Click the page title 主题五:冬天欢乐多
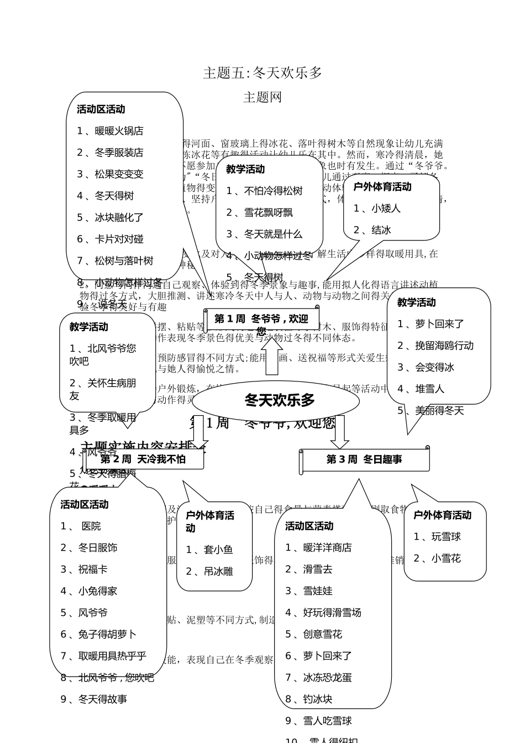click(262, 73)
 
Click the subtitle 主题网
click(262, 97)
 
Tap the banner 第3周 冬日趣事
click(364, 459)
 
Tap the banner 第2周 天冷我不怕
click(143, 459)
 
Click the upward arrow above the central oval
click(272, 357)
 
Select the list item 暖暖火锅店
click(118, 131)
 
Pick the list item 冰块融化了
click(119, 217)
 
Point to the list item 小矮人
click(385, 208)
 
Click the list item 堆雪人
click(429, 389)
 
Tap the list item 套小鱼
click(218, 550)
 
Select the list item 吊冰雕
click(218, 572)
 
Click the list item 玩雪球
click(445, 537)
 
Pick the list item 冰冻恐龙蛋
click(327, 677)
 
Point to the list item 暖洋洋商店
click(327, 547)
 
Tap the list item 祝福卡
click(92, 569)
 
